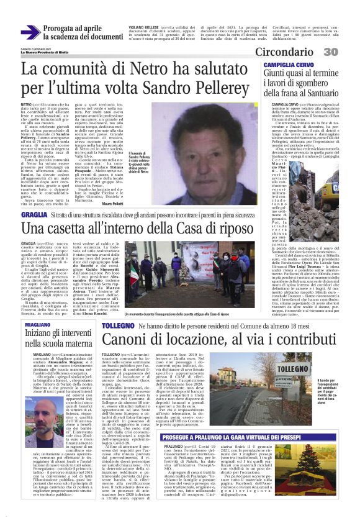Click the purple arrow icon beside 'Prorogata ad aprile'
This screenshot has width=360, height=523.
pos(30,32)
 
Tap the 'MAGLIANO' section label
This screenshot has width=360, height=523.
pos(38,324)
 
